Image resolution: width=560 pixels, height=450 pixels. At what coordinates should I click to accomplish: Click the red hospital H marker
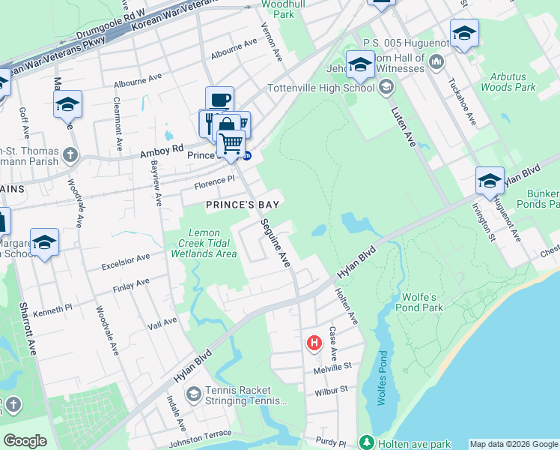point(314,343)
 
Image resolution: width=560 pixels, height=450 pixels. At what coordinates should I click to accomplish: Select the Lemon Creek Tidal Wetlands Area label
point(208,243)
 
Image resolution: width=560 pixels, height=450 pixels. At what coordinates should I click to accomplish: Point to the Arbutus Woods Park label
point(513,82)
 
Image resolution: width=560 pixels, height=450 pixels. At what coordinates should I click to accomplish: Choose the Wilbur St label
point(332,390)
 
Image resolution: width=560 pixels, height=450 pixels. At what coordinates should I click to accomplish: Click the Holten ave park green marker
point(365,443)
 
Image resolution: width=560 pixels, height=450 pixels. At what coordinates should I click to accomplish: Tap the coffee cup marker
point(219,100)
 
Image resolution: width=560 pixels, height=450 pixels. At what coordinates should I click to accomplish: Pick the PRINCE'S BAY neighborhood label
point(237,205)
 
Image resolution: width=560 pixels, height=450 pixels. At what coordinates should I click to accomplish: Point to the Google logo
point(25,442)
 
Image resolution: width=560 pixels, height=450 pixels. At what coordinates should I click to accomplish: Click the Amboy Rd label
point(162,152)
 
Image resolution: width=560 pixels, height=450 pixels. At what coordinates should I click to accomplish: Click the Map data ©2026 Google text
point(514,444)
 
